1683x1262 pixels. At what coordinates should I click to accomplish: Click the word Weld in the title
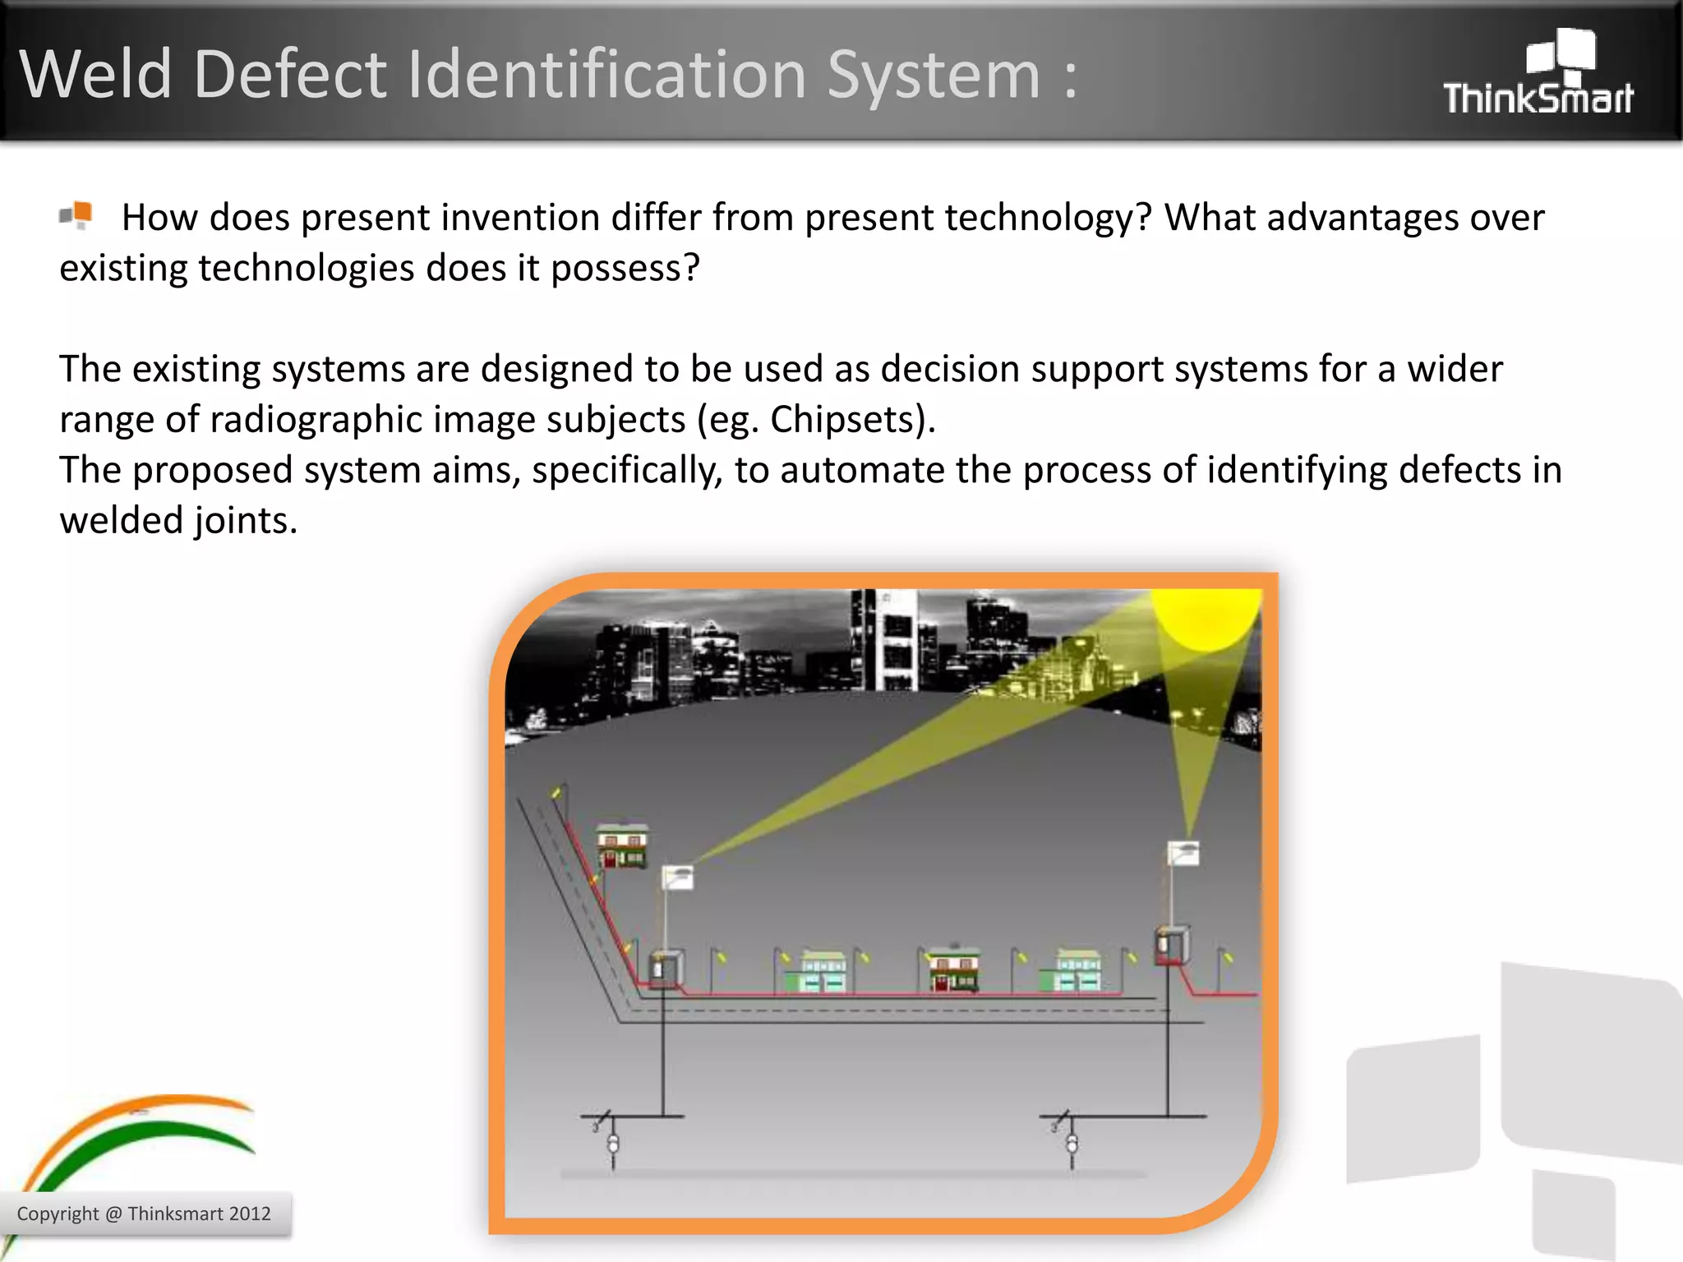point(96,75)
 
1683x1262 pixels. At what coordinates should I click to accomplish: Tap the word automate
point(854,471)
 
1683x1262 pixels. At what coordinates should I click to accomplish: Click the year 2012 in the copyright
point(250,1214)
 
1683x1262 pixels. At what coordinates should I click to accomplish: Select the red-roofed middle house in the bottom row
point(953,970)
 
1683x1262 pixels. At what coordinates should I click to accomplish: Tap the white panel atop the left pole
point(678,877)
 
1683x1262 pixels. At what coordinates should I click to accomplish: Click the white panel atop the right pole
point(1183,854)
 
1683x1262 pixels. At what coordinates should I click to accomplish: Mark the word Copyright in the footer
point(58,1214)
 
